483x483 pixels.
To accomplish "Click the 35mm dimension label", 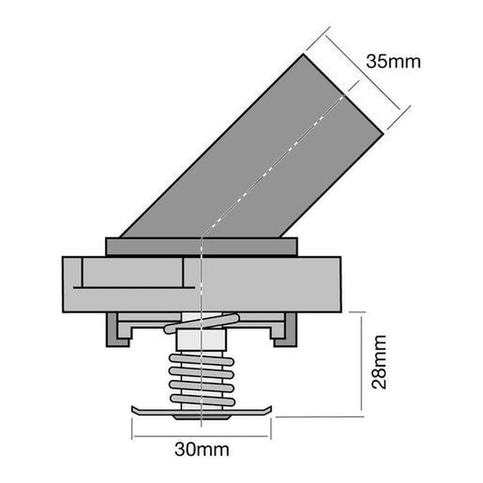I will [x=393, y=62].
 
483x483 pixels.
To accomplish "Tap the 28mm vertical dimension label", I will [x=378, y=362].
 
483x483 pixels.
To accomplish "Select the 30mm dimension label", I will [x=201, y=450].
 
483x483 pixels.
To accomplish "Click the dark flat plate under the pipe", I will [x=201, y=246].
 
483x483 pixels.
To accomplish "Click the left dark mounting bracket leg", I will [x=113, y=330].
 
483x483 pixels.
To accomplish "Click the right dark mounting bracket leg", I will [x=290, y=330].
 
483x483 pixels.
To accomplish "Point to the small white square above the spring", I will [x=200, y=340].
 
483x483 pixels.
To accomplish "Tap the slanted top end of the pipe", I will [x=342, y=94].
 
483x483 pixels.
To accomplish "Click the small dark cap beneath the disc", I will [x=201, y=418].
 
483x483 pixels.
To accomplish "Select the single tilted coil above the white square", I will [x=200, y=324].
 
